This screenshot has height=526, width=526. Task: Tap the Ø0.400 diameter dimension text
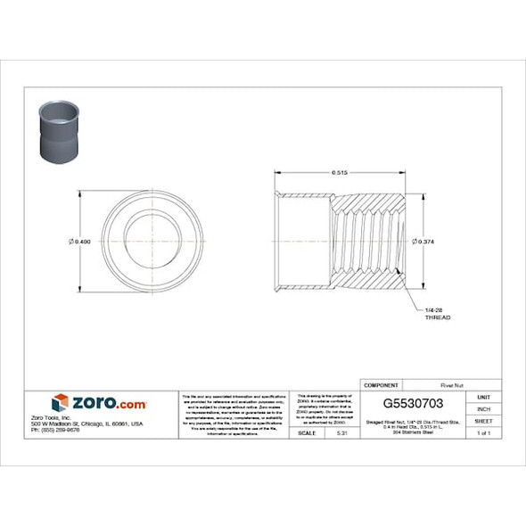tap(80, 242)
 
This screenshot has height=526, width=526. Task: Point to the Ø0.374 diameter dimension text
tap(423, 242)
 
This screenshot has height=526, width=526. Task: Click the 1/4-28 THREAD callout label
tap(437, 313)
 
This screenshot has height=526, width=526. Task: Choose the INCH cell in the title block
tap(483, 408)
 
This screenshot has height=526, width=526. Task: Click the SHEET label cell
tap(483, 421)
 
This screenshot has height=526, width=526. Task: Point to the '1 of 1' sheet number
tap(483, 433)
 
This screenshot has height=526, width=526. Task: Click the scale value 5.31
tap(341, 433)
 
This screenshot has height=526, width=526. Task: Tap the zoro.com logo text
tap(109, 403)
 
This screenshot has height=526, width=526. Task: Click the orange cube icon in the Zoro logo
tap(60, 403)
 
